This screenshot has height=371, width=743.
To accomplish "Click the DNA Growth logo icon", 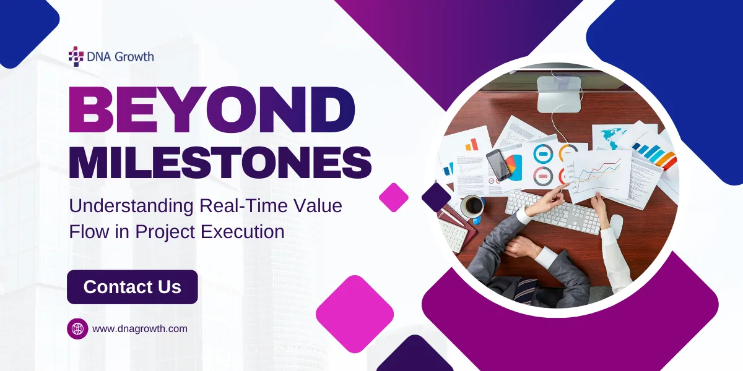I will coord(76,56).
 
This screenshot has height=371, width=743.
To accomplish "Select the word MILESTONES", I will coord(220,163).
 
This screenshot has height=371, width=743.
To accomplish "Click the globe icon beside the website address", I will coord(77,328).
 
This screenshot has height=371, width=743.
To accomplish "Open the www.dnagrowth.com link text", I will coord(139,329).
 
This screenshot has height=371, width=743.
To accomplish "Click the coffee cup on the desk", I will coord(472,207).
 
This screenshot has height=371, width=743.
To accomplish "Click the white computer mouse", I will coord(616,224).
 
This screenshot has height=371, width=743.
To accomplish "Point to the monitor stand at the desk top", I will coord(558,93).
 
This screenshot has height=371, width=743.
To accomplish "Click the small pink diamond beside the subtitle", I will coord(394,197).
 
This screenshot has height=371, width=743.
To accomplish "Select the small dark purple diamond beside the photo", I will coord(436,197).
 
